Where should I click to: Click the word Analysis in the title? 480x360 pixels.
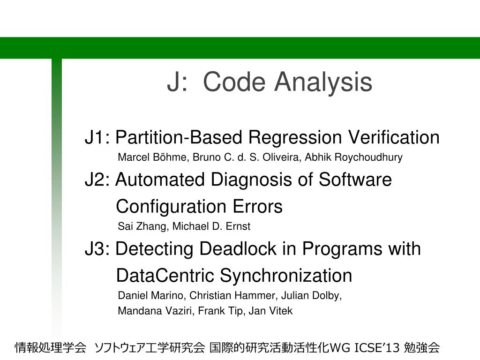[x=323, y=82]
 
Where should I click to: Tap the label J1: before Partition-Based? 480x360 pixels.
[x=97, y=137]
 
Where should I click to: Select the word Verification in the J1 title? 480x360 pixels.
[x=394, y=137]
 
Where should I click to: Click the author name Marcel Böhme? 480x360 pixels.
[x=151, y=157]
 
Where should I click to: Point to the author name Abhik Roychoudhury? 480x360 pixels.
[x=353, y=157]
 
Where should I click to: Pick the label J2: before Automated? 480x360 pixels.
[x=97, y=180]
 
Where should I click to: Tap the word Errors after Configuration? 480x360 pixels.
[x=257, y=207]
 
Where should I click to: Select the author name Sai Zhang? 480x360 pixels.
[x=142, y=226]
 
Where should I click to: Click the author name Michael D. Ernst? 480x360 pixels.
[x=211, y=226]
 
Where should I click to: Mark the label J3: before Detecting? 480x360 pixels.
[x=97, y=248]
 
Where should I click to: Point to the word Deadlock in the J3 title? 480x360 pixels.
[x=238, y=248]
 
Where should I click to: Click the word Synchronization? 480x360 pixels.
[x=286, y=276]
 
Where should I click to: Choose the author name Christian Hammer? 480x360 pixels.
[x=233, y=296]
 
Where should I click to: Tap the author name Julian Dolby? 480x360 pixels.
[x=311, y=296]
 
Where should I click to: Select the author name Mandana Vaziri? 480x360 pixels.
[x=156, y=311]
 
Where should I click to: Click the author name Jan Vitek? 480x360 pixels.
[x=270, y=311]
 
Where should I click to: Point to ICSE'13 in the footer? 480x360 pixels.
[x=377, y=348]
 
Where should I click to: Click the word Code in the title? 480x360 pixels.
[x=234, y=82]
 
